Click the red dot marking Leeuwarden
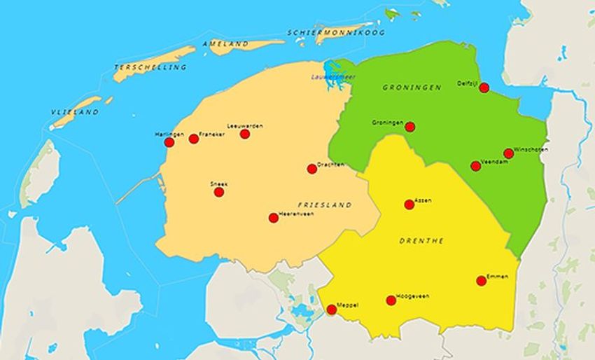tap(245, 134)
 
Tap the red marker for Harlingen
tap(169, 142)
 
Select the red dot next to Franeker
tap(194, 139)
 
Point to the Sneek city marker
tap(219, 192)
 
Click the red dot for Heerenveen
tap(274, 218)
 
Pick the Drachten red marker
tap(312, 169)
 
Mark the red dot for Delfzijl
tap(484, 88)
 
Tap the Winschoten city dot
tap(508, 153)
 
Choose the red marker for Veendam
tap(476, 166)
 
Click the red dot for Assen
tap(409, 205)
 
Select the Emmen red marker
tap(482, 281)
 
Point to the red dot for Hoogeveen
tap(391, 300)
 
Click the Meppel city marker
tap(332, 310)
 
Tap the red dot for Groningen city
tap(410, 127)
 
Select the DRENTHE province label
tap(421, 241)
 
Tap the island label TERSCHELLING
tap(150, 67)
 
